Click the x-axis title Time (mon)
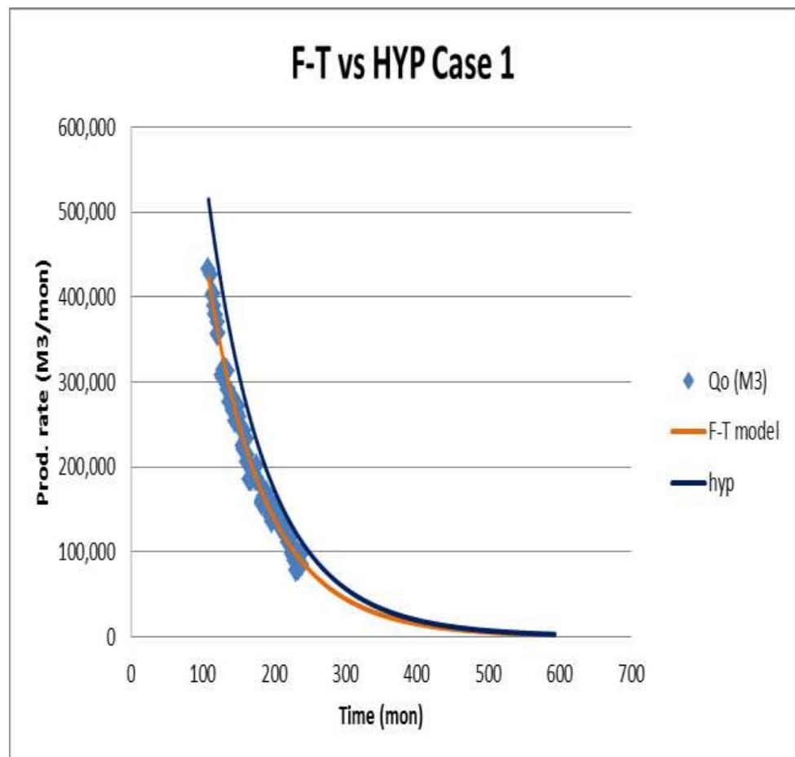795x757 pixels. (381, 716)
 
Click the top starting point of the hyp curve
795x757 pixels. (208, 199)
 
